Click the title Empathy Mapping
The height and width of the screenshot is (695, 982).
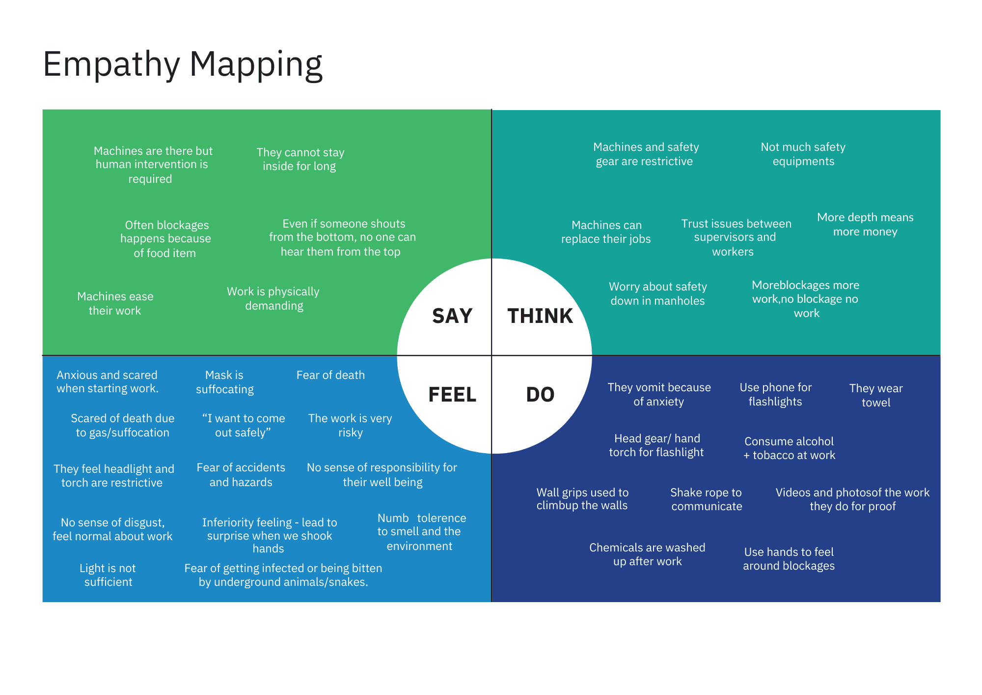point(183,64)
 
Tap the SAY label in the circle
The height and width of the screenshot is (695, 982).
point(452,316)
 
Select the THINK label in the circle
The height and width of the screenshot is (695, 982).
point(540,316)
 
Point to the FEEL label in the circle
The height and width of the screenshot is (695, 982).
point(452,395)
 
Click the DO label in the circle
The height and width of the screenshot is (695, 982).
point(540,395)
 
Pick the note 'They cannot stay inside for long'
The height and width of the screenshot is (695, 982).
point(300,159)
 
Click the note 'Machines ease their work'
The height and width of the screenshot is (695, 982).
point(115,303)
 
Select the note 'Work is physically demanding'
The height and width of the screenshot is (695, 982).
point(273,298)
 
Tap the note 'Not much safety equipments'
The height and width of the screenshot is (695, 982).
point(803,154)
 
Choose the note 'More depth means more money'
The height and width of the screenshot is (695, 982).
point(865,224)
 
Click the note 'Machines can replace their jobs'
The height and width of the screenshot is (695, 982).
point(606,232)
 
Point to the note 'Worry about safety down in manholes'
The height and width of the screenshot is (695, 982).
point(658,293)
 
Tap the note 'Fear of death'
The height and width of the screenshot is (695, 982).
point(330,375)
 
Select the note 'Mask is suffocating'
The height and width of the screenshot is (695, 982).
point(225,382)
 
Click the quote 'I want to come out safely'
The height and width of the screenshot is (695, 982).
point(244,425)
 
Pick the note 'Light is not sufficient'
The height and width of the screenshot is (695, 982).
point(108,575)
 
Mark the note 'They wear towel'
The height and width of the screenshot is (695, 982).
point(876,395)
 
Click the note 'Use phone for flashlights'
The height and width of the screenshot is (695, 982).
point(775,394)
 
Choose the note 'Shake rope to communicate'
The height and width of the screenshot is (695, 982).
point(707,499)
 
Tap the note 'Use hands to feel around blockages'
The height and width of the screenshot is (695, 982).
point(789,559)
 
